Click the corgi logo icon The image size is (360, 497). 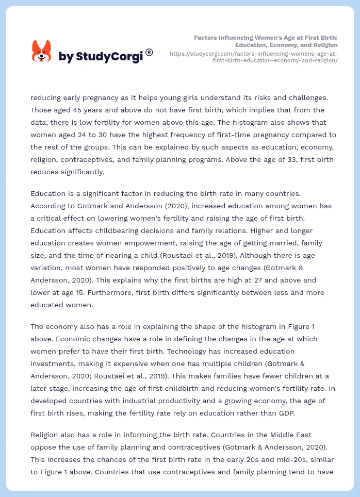point(42,52)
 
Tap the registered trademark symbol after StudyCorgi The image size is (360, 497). point(149,52)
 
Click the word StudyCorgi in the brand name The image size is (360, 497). point(109,57)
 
